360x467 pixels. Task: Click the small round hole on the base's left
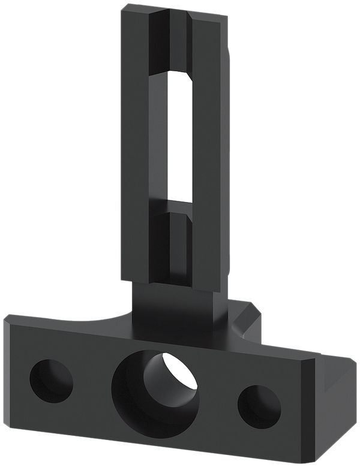coord(51,381)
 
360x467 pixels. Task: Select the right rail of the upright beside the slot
coord(210,150)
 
